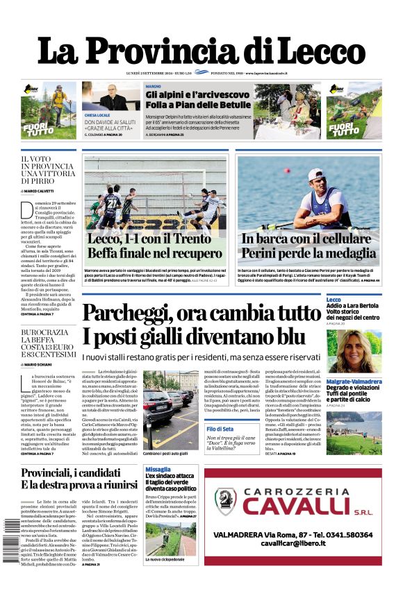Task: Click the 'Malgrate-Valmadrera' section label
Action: click(x=354, y=382)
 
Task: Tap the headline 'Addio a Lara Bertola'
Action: click(x=352, y=305)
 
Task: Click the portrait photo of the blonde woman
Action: click(x=354, y=351)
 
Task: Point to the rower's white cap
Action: click(x=316, y=174)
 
